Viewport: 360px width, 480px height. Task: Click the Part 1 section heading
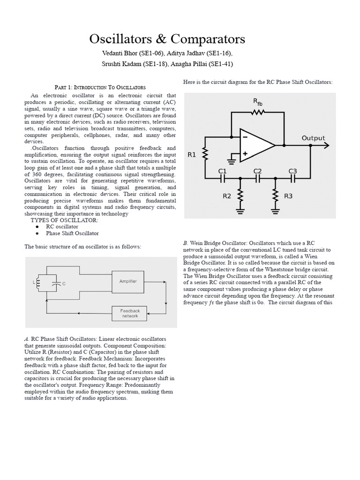(100, 87)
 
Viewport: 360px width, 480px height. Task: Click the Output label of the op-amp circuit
(313, 138)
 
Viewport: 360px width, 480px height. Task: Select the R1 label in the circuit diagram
(192, 155)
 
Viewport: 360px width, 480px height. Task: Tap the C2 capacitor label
(257, 171)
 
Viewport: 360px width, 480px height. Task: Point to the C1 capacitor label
(222, 171)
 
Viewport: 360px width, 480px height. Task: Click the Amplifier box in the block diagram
(128, 281)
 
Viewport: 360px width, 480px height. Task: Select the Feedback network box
(130, 313)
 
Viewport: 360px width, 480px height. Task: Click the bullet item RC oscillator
(62, 226)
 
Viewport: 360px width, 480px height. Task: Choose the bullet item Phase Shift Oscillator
(72, 233)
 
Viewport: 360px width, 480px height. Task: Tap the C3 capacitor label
(292, 171)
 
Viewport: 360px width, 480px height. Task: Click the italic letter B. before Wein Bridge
(186, 243)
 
